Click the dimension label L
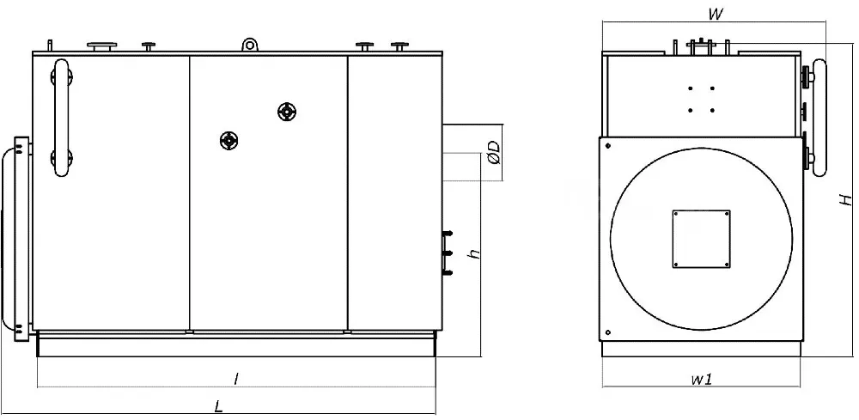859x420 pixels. (x=218, y=407)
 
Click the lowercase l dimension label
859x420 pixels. (x=236, y=379)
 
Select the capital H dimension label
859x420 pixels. (x=847, y=199)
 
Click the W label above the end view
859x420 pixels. (x=715, y=15)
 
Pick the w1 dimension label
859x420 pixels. (x=701, y=379)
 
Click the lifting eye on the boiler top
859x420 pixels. (x=250, y=44)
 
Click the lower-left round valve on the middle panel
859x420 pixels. (x=229, y=141)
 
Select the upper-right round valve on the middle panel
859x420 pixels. (x=287, y=112)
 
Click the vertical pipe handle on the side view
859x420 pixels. (x=61, y=118)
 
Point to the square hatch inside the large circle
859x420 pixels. (x=701, y=239)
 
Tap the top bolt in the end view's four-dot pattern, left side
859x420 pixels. (x=691, y=88)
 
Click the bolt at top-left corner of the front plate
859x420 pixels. (x=608, y=146)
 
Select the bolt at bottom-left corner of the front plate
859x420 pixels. (x=608, y=332)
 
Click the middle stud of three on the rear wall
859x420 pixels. (x=448, y=253)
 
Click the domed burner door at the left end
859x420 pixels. (x=15, y=239)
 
